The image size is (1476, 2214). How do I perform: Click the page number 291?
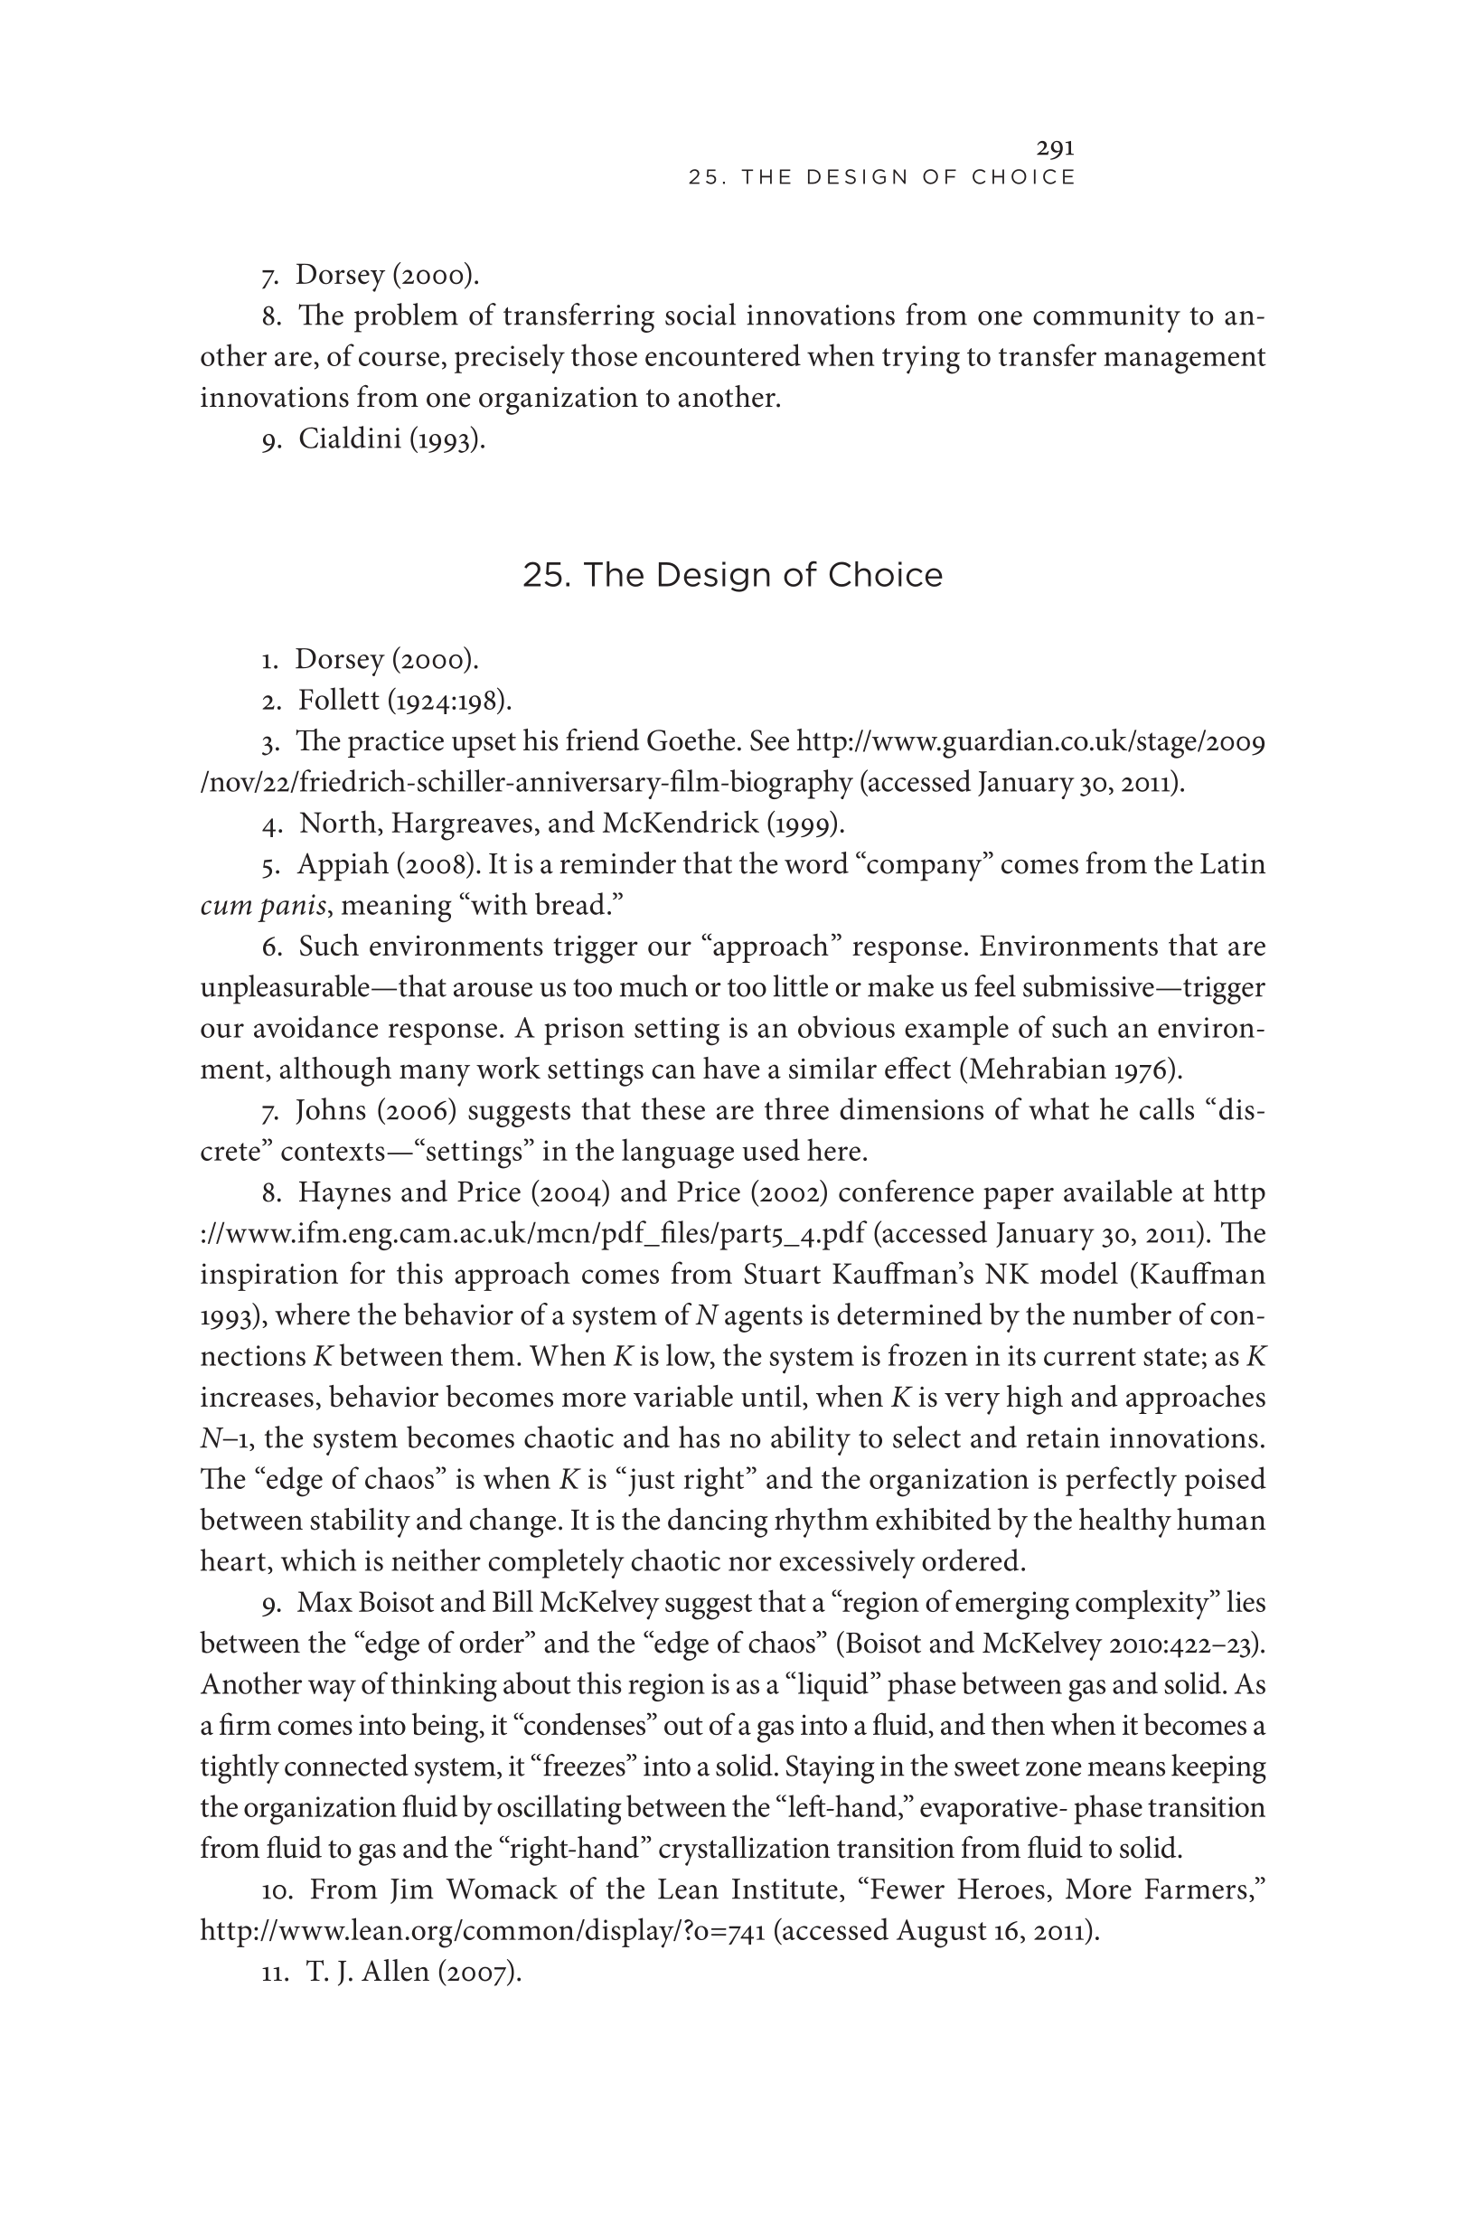pyautogui.click(x=1055, y=147)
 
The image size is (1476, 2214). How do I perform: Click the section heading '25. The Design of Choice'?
pyautogui.click(x=732, y=575)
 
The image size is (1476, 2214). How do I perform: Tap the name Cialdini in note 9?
pyautogui.click(x=349, y=438)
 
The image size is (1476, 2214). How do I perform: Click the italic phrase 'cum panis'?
pyautogui.click(x=263, y=906)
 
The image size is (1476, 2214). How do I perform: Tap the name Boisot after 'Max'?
pyautogui.click(x=395, y=1603)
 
